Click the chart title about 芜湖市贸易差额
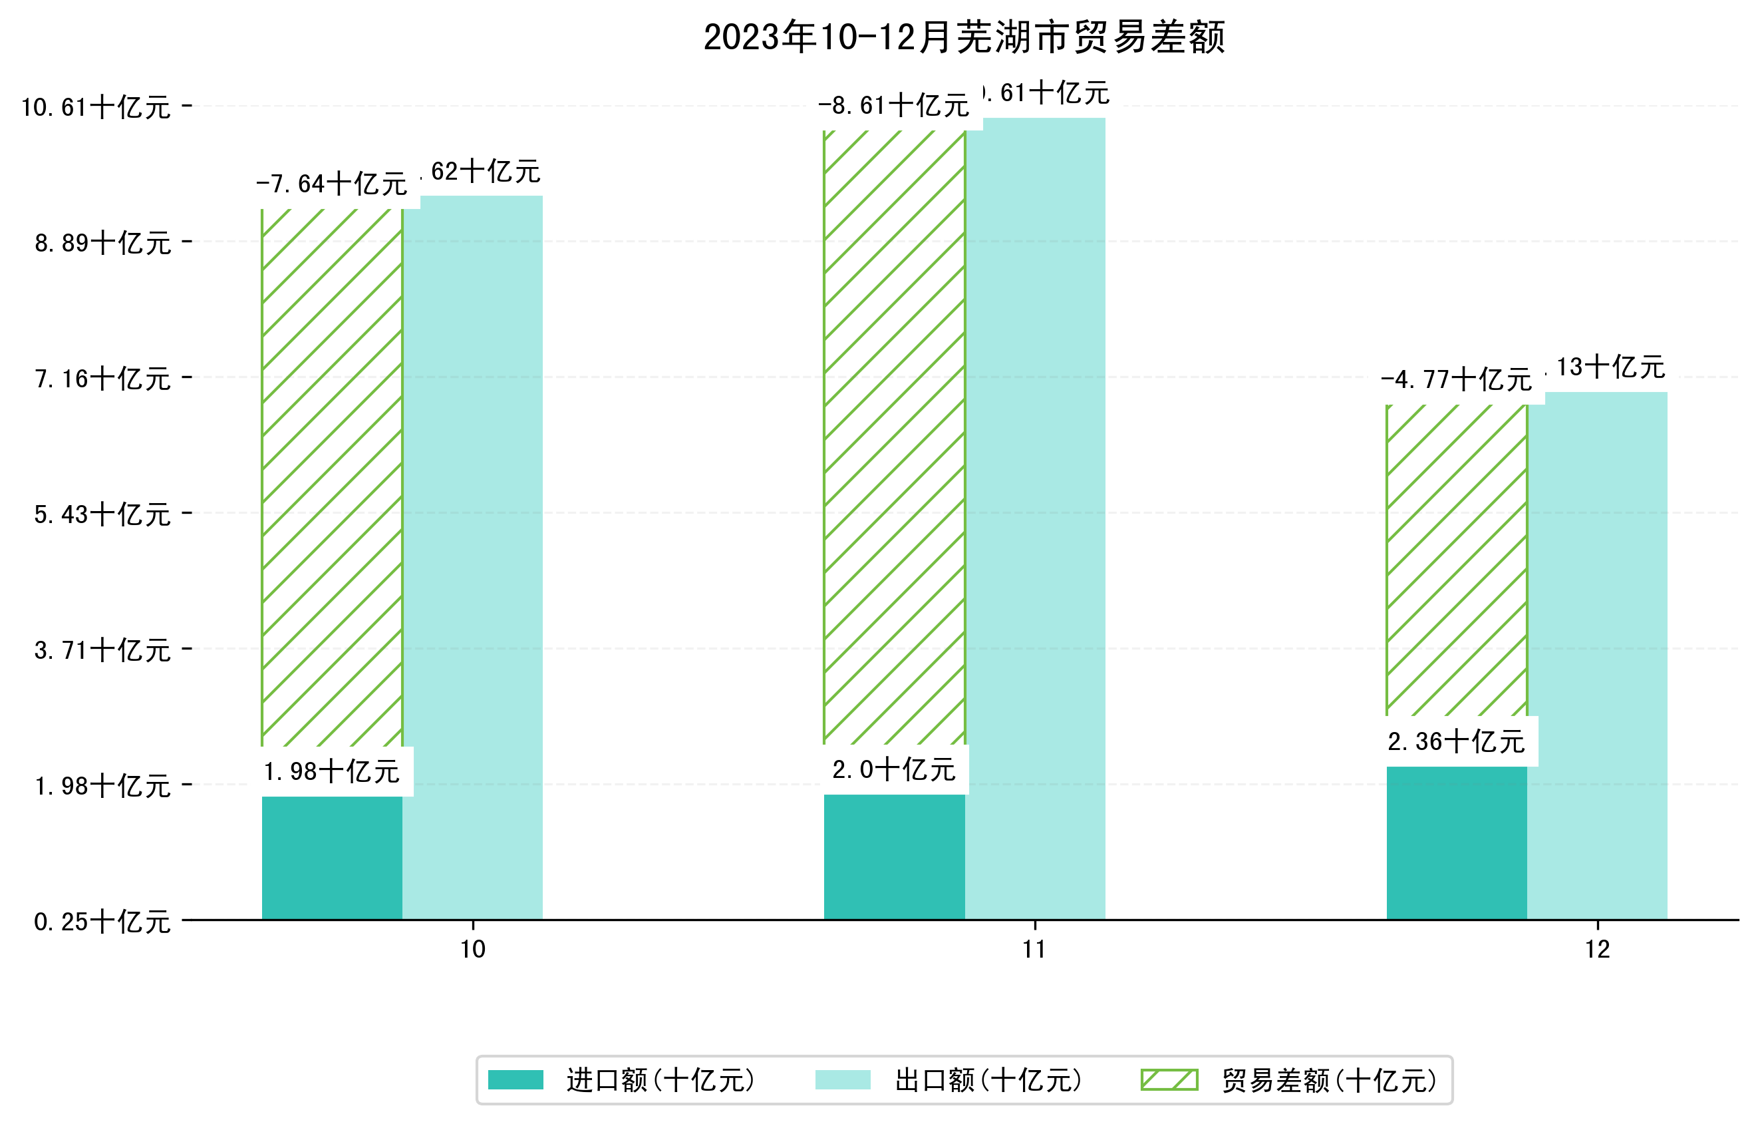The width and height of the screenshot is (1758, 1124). point(964,37)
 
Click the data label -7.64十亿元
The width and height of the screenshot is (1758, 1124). point(331,184)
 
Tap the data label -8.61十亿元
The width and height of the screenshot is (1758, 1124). point(893,106)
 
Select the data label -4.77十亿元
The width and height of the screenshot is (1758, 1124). point(1456,380)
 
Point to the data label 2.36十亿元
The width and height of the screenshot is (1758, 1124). point(1456,742)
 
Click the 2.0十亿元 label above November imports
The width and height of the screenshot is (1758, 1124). point(893,770)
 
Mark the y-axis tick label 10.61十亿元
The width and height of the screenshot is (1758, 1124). point(96,107)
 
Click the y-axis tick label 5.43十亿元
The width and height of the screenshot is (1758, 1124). point(102,514)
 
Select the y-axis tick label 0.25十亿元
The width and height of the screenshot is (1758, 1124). point(102,922)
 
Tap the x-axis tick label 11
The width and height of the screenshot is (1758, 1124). point(1034,950)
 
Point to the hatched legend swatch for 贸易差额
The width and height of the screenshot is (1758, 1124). point(1169,1080)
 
